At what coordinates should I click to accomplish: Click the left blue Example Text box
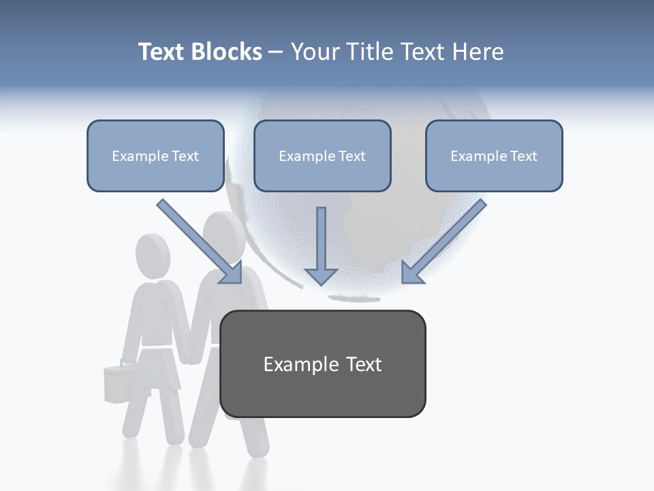[x=155, y=155]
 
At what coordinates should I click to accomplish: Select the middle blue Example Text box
[x=322, y=155]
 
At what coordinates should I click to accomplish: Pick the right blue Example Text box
[x=494, y=155]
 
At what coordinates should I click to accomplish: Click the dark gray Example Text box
[x=322, y=363]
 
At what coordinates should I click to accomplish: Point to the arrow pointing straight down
[x=321, y=245]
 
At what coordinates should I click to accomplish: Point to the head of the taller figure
[x=224, y=235]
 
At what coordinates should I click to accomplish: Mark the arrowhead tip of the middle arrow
[x=321, y=284]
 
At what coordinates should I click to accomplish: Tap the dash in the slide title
[x=276, y=53]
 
